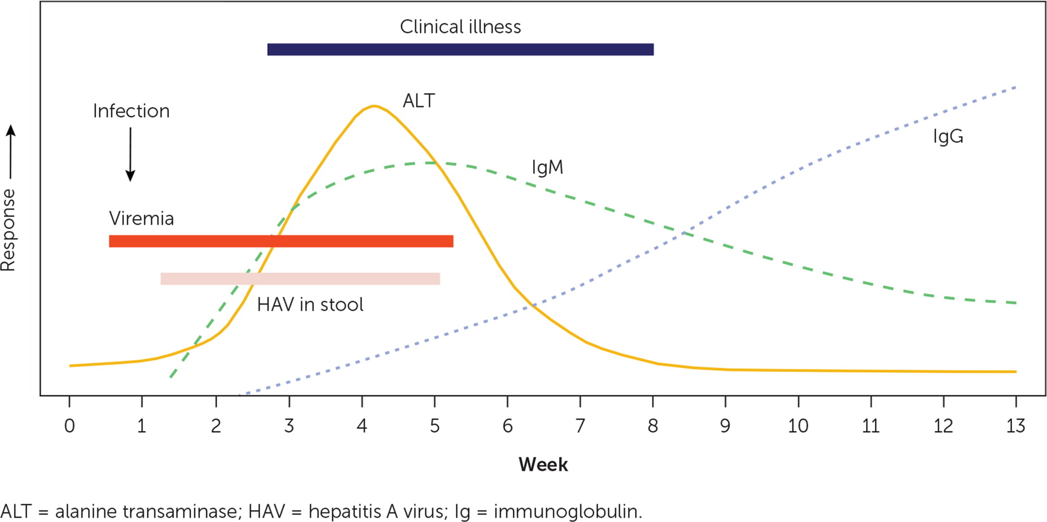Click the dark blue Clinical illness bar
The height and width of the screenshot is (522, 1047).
460,49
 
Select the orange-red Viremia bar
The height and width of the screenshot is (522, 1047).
281,241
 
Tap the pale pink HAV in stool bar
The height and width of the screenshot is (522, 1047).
300,279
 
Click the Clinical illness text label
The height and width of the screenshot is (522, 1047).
460,27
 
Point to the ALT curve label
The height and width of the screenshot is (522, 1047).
418,101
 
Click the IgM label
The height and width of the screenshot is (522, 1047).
547,168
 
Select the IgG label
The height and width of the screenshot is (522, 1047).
948,137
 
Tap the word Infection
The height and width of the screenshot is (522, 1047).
131,111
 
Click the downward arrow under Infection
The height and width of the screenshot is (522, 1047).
130,155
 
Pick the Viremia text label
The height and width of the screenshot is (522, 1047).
141,219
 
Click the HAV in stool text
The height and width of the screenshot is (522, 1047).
310,305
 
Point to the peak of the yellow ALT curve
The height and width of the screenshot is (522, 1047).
374,106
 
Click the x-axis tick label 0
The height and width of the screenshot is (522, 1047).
70,426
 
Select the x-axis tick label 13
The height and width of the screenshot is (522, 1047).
1015,426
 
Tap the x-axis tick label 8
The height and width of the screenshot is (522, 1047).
653,426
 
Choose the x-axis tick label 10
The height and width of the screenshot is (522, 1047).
798,426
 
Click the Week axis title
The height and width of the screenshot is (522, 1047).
543,465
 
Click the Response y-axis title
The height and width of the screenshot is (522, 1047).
8,230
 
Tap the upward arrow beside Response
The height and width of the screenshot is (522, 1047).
11,152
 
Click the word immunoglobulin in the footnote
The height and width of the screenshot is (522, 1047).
567,511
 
